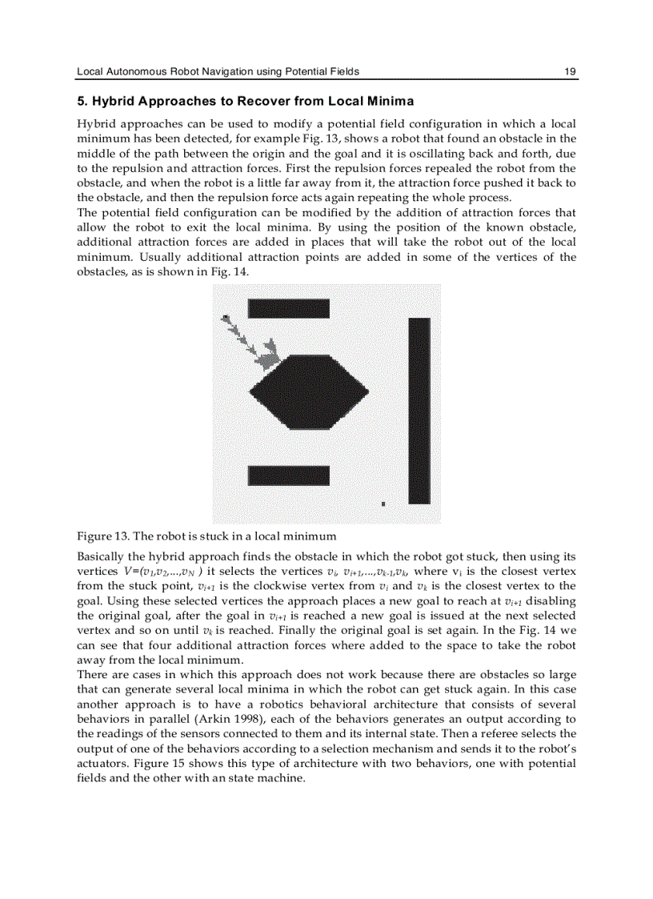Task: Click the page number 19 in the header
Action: click(570, 71)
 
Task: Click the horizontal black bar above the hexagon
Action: click(288, 308)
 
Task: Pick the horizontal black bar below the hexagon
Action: click(288, 476)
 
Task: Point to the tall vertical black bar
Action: click(419, 410)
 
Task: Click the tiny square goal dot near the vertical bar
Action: click(383, 504)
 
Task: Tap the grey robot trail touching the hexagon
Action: click(267, 353)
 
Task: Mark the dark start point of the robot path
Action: click(226, 319)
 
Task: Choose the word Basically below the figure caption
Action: click(102, 556)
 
